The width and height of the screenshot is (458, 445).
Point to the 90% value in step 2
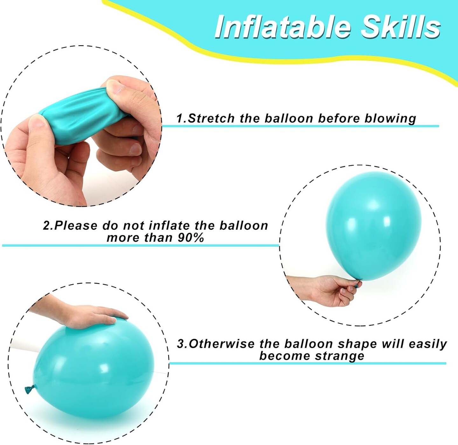point(191,238)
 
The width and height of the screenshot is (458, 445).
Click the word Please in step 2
point(76,226)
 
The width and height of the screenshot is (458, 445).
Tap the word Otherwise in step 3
point(221,344)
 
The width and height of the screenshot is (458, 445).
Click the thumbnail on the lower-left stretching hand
point(38,121)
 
